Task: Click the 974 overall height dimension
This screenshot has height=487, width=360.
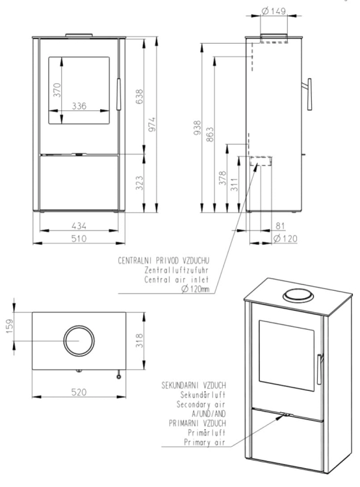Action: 151,125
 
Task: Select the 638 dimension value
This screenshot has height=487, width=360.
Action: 140,97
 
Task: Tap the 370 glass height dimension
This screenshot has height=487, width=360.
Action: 57,90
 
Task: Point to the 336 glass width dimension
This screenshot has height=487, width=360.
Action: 79,106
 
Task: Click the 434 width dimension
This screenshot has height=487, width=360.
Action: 79,226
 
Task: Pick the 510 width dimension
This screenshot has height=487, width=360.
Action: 79,238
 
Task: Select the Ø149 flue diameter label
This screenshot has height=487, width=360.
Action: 274,12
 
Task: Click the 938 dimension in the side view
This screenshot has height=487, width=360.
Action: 198,128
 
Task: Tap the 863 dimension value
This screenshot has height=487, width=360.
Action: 210,134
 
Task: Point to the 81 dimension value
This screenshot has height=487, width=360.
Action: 280,226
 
